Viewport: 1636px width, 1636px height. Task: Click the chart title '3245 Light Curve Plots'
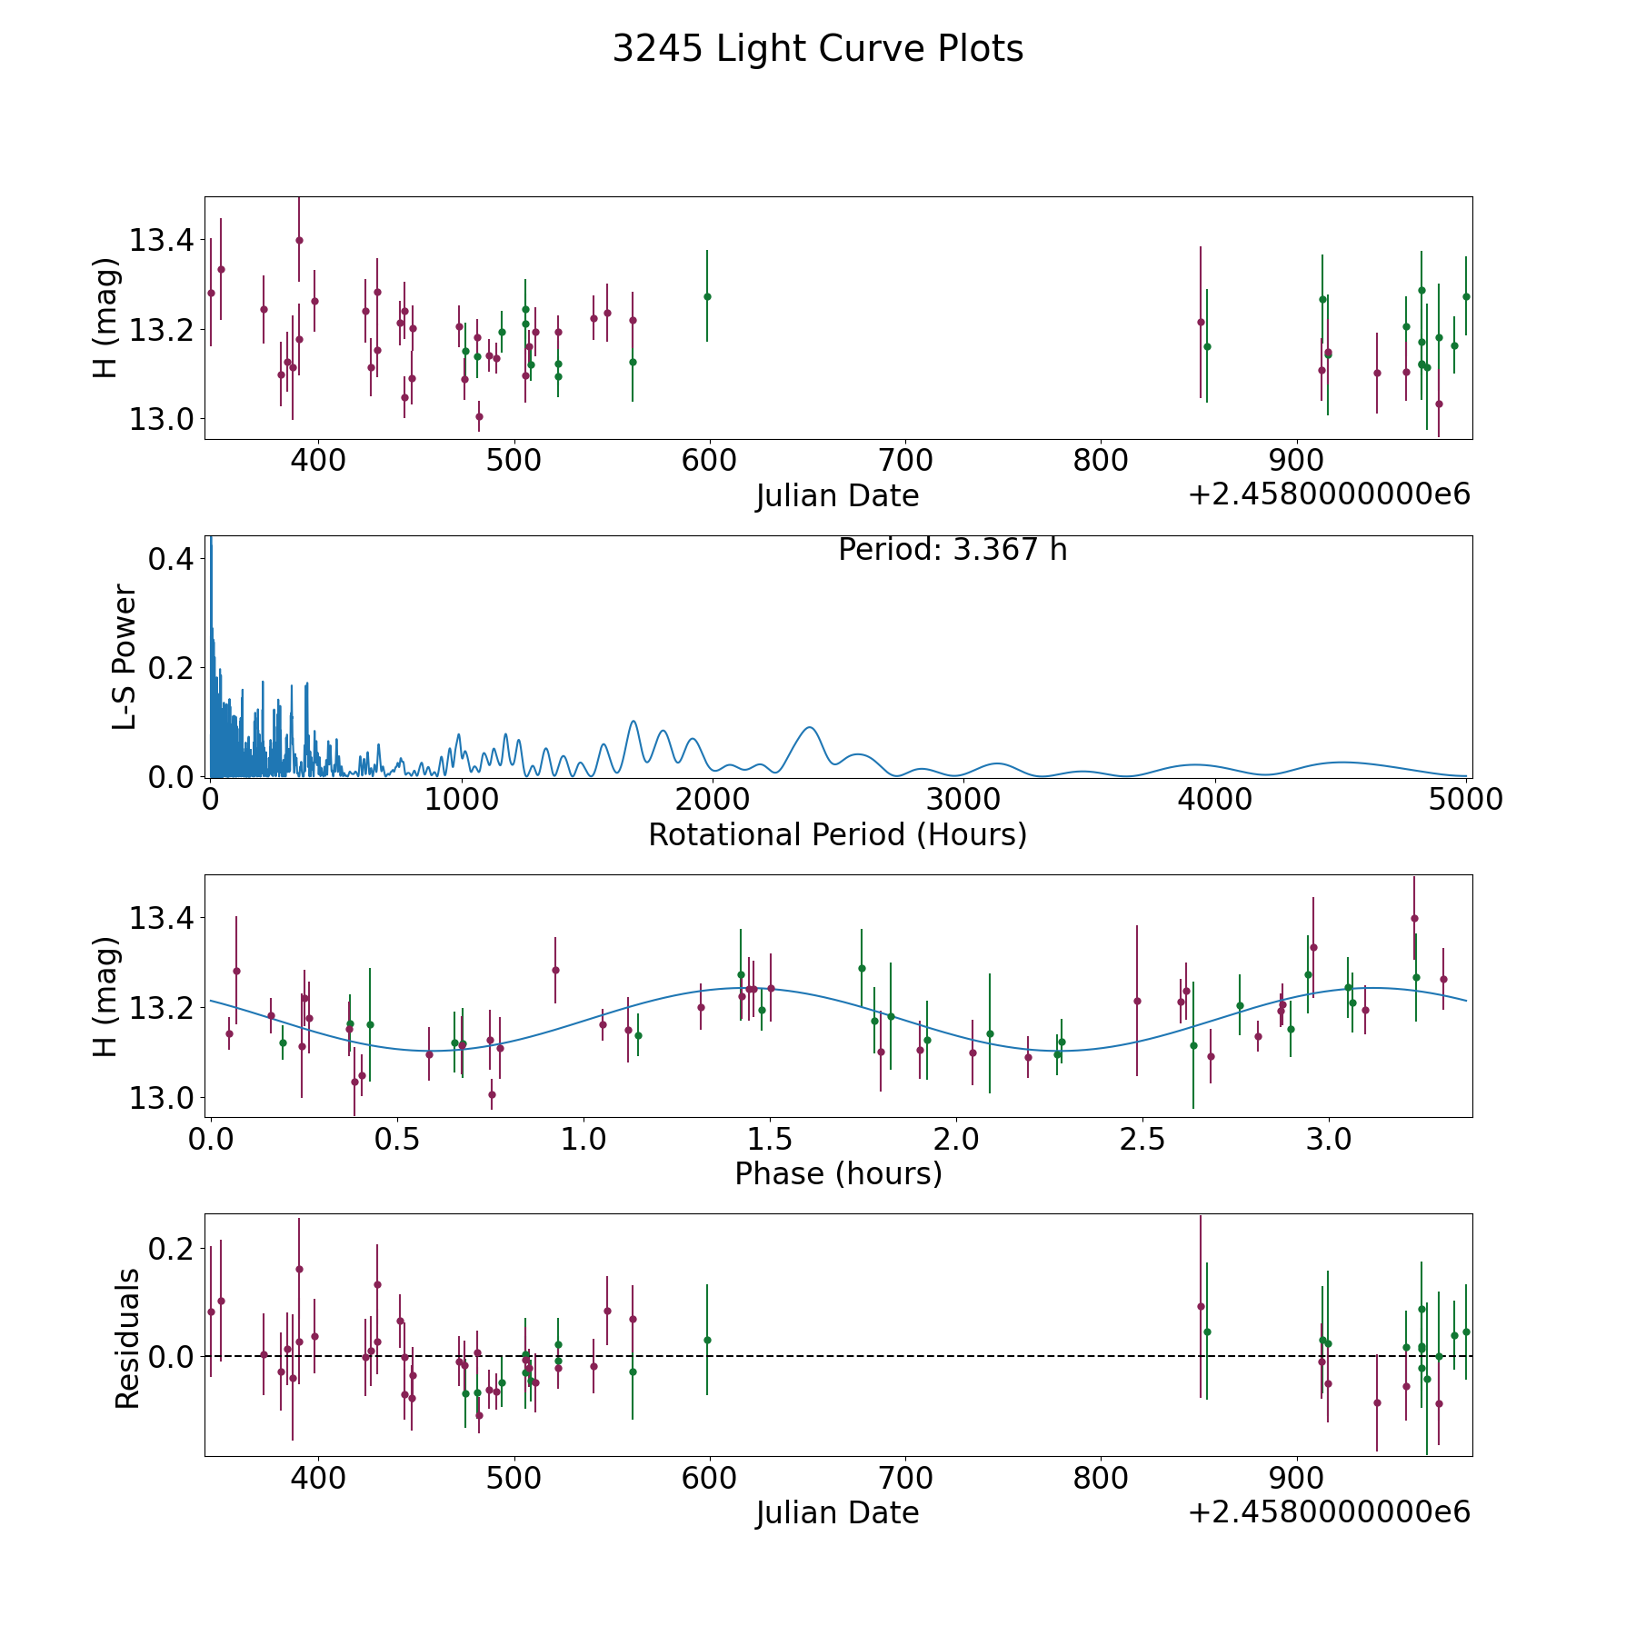pos(818,49)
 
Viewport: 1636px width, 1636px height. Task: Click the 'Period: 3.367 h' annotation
pos(953,550)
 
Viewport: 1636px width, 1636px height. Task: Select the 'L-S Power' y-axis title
pos(125,657)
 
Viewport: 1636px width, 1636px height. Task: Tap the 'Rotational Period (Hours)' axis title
pos(837,834)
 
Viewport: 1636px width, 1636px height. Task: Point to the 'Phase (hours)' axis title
pos(838,1173)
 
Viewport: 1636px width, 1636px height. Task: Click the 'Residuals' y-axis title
pos(127,1338)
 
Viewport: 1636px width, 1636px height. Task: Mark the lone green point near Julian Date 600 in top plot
pos(707,296)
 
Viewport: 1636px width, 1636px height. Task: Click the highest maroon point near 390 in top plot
pos(299,240)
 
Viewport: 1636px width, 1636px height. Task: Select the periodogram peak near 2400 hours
pos(808,727)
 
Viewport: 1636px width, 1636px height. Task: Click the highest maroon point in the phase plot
pos(1414,918)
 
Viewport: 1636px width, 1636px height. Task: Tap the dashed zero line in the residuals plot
pos(838,1356)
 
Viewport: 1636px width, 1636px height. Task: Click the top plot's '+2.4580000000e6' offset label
pos(1329,494)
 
